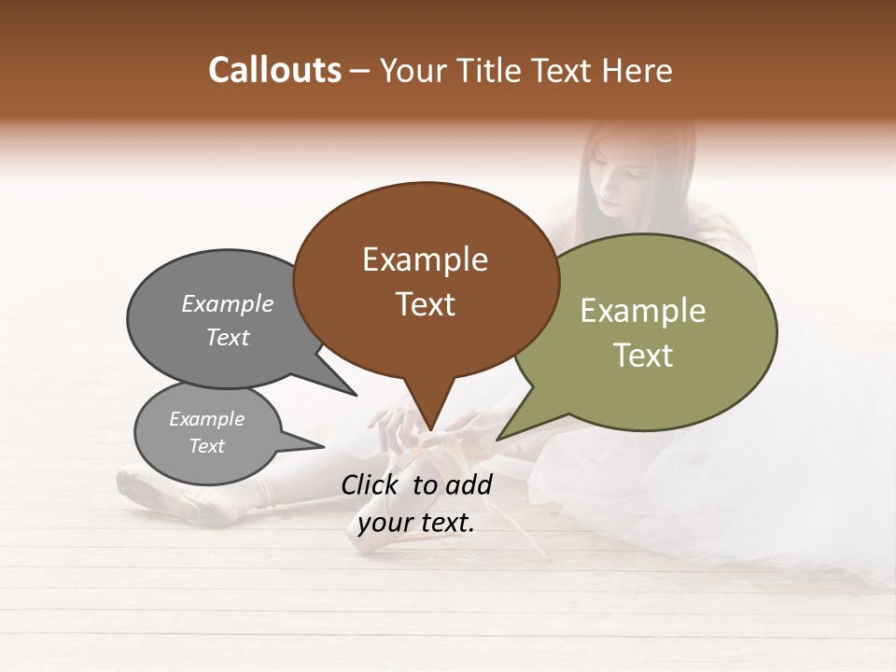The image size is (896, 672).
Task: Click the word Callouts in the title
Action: point(274,70)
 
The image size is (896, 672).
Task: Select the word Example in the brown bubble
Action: point(425,259)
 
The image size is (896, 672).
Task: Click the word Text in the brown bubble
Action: point(425,304)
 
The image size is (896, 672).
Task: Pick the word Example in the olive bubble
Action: point(642,311)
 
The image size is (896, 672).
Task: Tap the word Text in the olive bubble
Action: point(642,356)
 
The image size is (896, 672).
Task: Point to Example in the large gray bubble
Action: point(228,303)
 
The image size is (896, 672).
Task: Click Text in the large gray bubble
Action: point(228,337)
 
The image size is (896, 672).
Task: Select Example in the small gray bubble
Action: point(206,419)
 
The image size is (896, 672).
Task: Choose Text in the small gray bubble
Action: point(206,446)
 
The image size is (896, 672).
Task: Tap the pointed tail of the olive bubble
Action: point(509,430)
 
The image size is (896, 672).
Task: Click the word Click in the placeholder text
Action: point(371,484)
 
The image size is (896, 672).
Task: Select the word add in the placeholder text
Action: point(469,484)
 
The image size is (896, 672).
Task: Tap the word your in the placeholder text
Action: point(384,524)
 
